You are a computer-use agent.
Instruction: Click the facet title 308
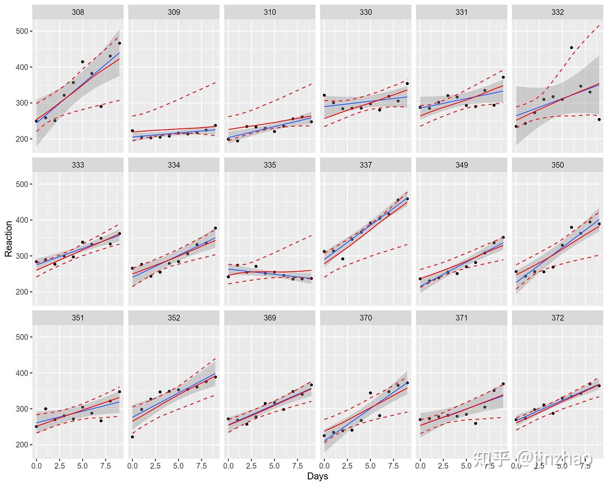78,12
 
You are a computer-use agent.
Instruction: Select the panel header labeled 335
270,165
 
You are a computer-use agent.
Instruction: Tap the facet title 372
558,318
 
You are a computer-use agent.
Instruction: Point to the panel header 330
366,12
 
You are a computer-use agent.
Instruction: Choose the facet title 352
174,318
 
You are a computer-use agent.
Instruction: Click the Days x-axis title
317,476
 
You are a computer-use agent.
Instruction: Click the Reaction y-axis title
9,239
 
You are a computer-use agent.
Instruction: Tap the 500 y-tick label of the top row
22,31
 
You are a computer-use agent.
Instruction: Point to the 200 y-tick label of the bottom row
22,445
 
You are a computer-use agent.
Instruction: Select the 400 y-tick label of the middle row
22,220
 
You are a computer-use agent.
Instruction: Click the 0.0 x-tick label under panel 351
36,466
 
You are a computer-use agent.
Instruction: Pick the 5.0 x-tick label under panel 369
274,466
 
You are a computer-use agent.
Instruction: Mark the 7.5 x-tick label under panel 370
393,466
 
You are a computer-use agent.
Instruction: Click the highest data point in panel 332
571,47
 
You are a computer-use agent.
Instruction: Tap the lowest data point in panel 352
132,437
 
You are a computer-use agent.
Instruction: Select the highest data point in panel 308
119,43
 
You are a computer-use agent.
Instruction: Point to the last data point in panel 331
503,77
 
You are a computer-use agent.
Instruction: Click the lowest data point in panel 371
476,424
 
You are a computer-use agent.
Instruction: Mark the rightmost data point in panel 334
215,228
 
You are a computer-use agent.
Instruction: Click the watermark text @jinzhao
555,458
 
